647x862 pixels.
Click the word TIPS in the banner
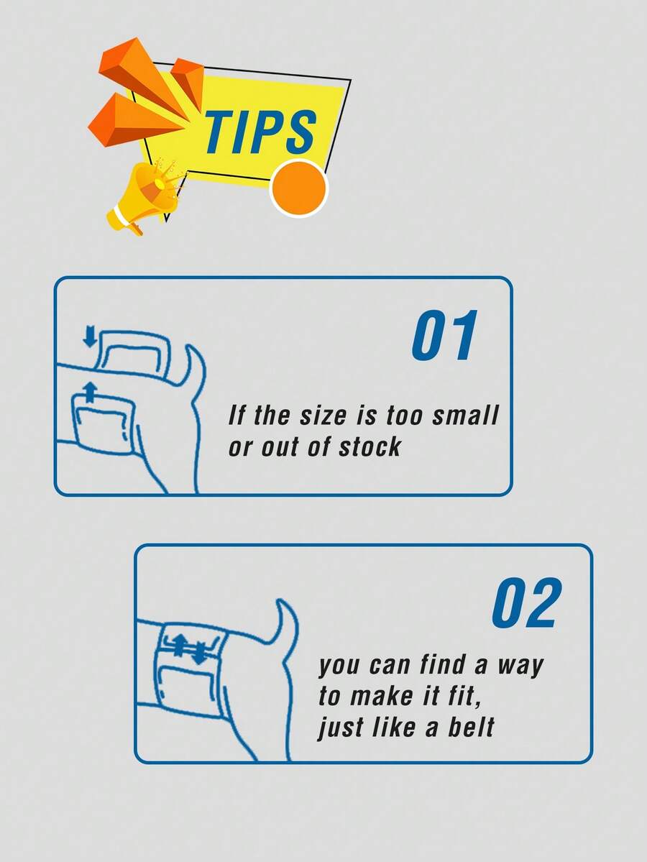tap(260, 132)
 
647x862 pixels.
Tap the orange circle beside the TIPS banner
tap(298, 188)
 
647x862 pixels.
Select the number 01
tap(444, 335)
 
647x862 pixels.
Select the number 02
tap(527, 602)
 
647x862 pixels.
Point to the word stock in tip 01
tap(370, 447)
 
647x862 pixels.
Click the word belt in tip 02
tap(471, 727)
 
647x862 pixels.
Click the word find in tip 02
tap(442, 664)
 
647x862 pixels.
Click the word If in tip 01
tap(235, 416)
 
